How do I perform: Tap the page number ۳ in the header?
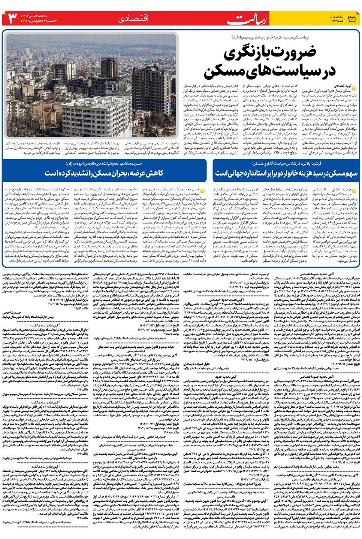click(x=12, y=18)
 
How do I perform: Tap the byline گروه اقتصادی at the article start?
click(x=342, y=86)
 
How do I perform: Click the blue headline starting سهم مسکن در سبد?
click(x=286, y=173)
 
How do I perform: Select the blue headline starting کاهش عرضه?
click(x=104, y=173)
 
